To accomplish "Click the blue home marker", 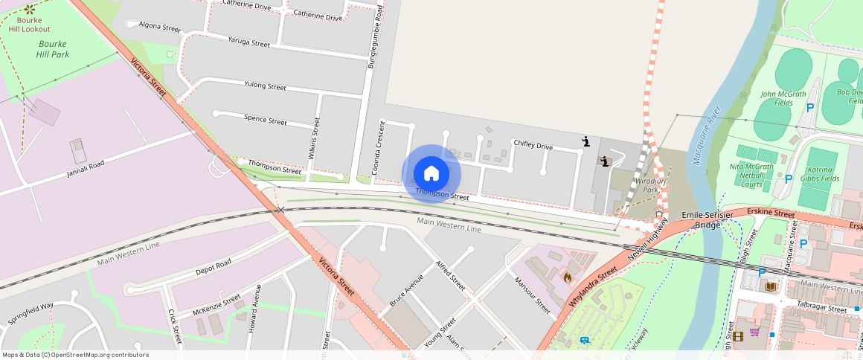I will click(x=431, y=173).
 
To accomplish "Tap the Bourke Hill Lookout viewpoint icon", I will click(x=30, y=10).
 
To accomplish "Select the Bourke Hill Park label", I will click(x=52, y=48).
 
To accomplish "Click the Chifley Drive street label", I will click(x=533, y=146).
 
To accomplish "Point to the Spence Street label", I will click(x=266, y=120).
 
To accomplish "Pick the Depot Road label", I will click(x=213, y=266).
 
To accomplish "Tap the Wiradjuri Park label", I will click(x=650, y=184).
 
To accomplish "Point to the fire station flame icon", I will click(x=568, y=277).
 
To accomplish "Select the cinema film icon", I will click(x=737, y=336).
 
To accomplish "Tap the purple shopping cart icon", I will click(x=754, y=332).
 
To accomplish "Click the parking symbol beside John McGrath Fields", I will click(x=810, y=108).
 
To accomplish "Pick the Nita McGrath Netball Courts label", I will click(x=752, y=176).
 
